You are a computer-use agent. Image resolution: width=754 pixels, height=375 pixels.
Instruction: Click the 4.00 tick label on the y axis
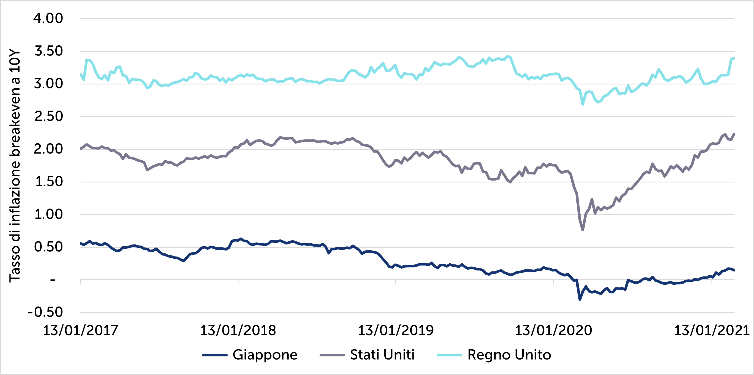tap(48, 18)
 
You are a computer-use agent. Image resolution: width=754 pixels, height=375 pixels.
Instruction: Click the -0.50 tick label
tap(45, 312)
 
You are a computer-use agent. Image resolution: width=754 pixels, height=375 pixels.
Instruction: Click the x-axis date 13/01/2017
tap(81, 330)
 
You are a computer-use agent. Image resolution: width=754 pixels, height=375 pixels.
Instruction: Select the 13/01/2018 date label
tap(238, 330)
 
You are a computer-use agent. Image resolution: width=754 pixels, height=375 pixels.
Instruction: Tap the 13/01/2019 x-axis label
tap(396, 330)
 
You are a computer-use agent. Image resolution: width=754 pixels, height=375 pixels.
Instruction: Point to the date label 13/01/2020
tap(554, 330)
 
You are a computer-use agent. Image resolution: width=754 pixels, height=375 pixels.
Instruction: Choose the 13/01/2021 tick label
tap(712, 330)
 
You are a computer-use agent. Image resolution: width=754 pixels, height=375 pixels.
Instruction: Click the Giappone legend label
tap(265, 355)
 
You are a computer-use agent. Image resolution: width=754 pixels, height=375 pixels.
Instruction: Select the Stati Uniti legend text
tap(382, 355)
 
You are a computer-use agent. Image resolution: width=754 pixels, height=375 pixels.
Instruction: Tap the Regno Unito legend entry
tap(509, 355)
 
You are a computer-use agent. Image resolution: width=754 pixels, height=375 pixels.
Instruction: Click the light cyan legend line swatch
tap(449, 355)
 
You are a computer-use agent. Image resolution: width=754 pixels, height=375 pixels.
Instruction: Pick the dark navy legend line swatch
tap(215, 355)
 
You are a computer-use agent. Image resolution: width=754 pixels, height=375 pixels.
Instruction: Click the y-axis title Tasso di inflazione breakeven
tap(15, 166)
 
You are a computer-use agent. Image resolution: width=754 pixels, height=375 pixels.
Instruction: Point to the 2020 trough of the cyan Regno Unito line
tap(583, 104)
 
